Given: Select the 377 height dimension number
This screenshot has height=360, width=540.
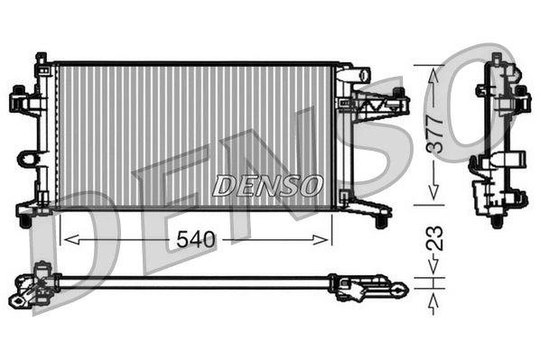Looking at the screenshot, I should pyautogui.click(x=433, y=133).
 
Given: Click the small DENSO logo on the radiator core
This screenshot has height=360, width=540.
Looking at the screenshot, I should pyautogui.click(x=267, y=186).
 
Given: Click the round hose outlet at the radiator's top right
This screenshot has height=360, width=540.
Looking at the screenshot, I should pyautogui.click(x=364, y=72).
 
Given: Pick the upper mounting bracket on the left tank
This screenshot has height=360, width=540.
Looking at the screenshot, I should pyautogui.click(x=26, y=100).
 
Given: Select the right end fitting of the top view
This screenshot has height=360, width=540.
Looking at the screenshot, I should pyautogui.click(x=366, y=288).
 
